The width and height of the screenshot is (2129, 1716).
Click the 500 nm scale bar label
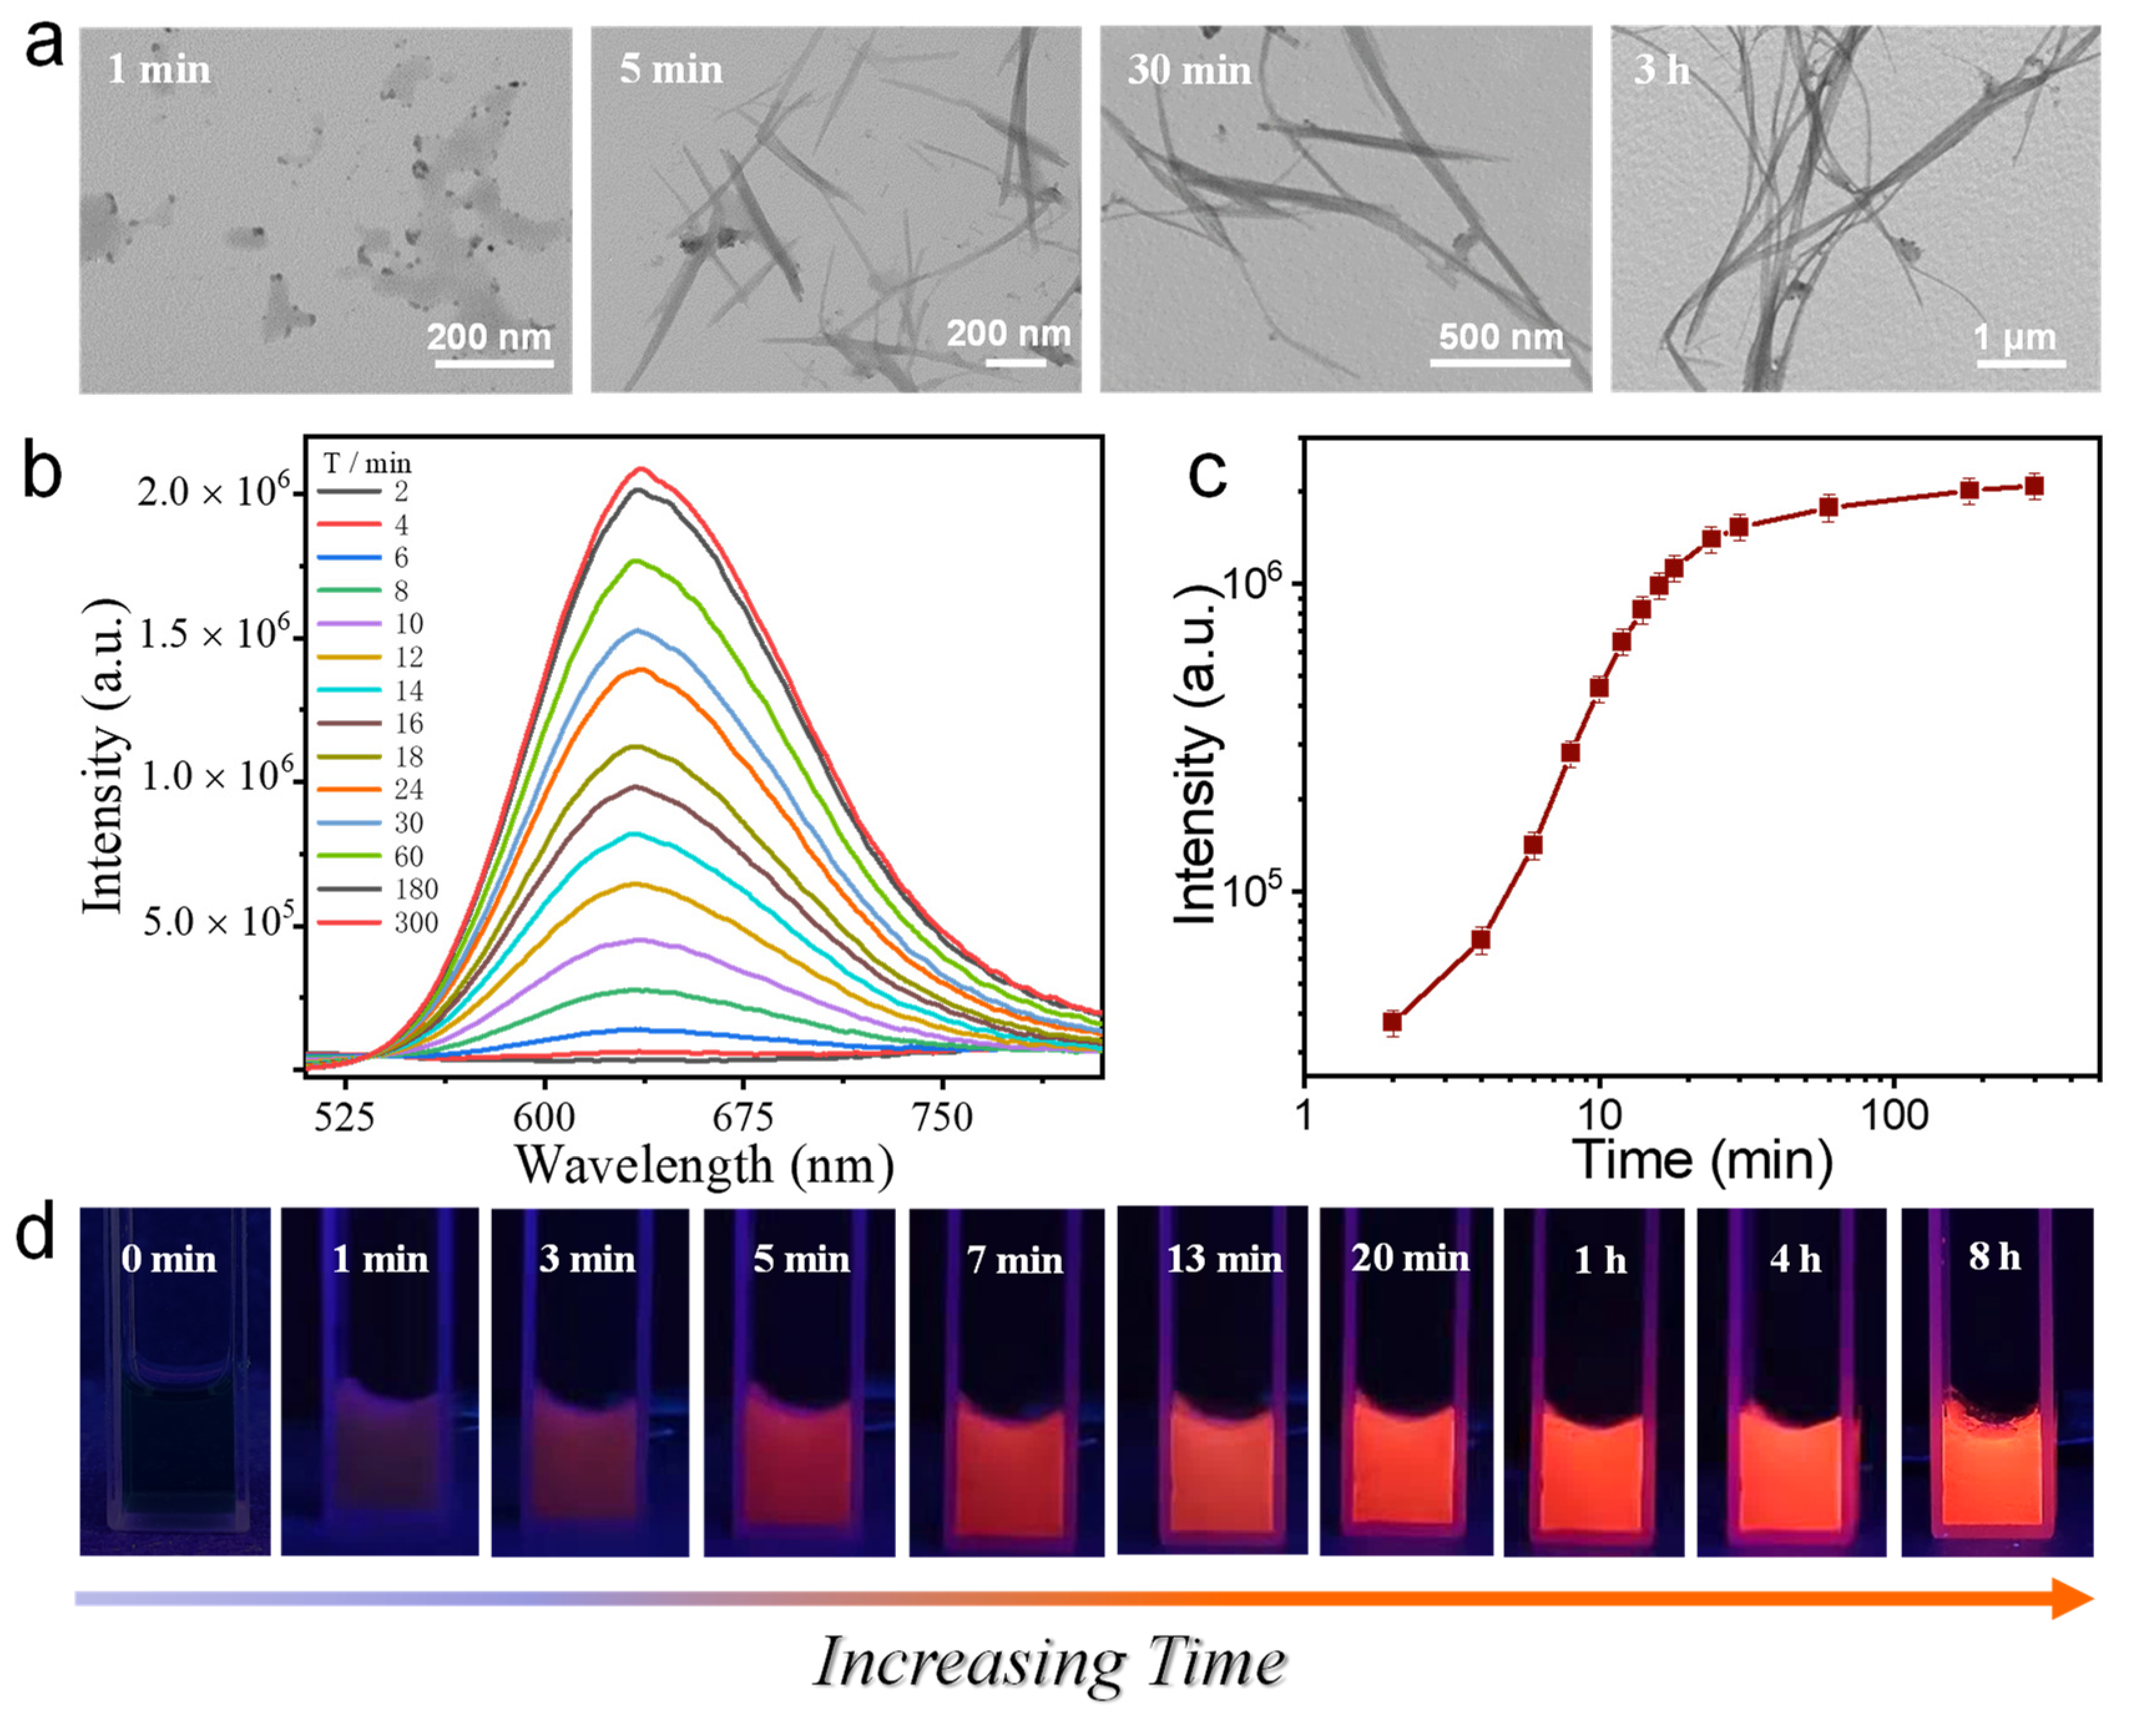pos(1501,337)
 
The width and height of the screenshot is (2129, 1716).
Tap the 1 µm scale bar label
pos(2014,337)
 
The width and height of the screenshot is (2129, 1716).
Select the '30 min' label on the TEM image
pos(1189,70)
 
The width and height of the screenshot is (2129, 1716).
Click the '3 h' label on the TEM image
pos(1661,70)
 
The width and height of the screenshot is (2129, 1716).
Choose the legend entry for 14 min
pos(408,690)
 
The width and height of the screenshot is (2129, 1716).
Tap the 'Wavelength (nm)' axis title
pos(704,1167)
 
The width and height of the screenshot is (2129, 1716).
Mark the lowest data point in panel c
pos(1393,1022)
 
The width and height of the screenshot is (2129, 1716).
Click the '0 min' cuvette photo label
pos(169,1260)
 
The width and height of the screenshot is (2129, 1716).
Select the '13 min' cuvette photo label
pos(1224,1260)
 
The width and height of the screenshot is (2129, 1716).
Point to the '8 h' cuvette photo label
pos(1994,1256)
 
